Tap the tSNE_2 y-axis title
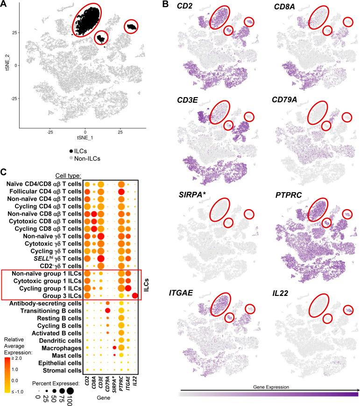pos(5,65)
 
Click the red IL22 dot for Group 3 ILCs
pos(136,295)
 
